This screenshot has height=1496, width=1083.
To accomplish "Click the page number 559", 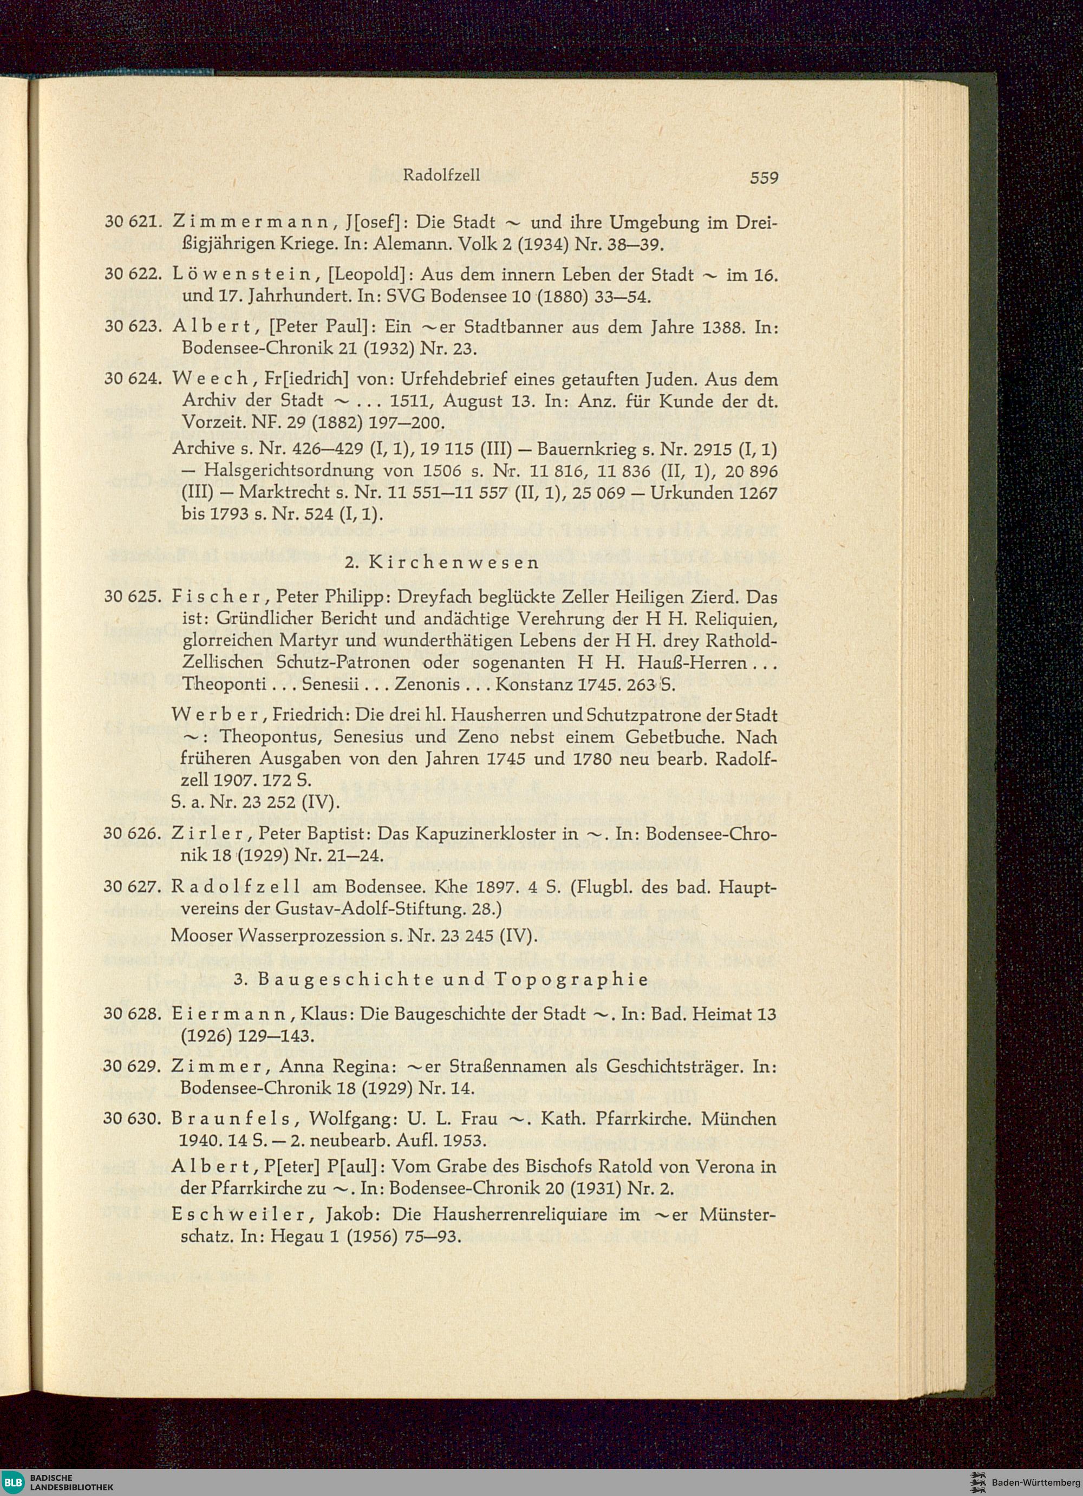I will tap(764, 178).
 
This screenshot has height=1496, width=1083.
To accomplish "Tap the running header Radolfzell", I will tap(441, 175).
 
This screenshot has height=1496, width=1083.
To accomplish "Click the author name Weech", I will tap(209, 380).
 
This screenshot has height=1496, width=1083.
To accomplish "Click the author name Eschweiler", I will tap(239, 1215).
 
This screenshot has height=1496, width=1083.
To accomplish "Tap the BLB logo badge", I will tap(12, 1482).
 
